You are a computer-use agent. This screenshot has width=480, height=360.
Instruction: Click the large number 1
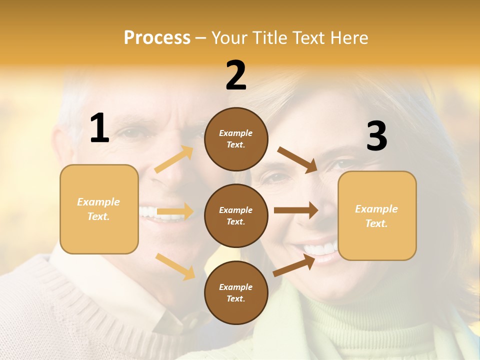pos(99,128)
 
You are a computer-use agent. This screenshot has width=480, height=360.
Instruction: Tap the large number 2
pos(236,75)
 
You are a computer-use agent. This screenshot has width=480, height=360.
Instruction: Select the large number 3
pos(376,136)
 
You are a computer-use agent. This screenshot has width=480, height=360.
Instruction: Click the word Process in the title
pos(157,37)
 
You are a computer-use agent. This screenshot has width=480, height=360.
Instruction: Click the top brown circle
pos(236,139)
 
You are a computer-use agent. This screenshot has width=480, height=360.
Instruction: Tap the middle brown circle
pos(236,215)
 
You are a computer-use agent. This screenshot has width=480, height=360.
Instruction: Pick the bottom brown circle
pos(236,292)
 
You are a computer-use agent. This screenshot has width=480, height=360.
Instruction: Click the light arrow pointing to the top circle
pos(174,159)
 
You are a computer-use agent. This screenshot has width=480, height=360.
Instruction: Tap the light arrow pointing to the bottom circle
pos(175,266)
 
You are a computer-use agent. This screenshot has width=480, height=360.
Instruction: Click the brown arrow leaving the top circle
pos(297,159)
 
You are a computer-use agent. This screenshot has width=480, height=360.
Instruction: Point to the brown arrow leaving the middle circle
pos(295,210)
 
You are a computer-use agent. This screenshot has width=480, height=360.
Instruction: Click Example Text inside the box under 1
pos(99,209)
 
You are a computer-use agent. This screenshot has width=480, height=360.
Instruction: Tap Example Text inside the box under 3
pos(376,216)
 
